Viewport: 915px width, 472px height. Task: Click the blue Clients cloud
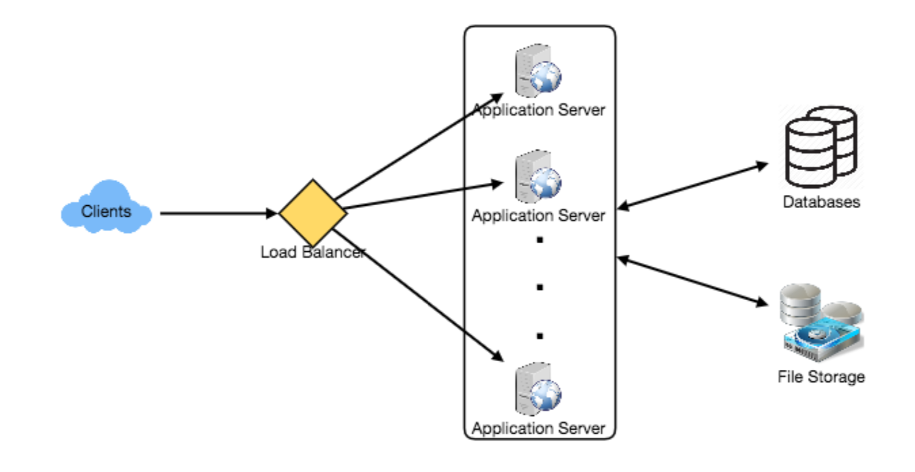coord(106,207)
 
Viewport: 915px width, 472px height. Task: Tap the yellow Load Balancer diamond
coord(313,212)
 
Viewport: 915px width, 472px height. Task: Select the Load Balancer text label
coord(313,252)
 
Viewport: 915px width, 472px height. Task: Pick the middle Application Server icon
coord(538,176)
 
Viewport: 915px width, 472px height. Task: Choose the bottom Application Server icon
coord(538,389)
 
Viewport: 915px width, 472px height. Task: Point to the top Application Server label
coord(538,110)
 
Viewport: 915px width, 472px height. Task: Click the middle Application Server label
coord(538,216)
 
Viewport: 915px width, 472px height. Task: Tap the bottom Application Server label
coord(538,428)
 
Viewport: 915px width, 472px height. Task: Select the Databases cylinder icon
coord(821,147)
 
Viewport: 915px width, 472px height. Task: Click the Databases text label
coord(821,202)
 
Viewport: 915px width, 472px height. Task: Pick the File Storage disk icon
coord(821,323)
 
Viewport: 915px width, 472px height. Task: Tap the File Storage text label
coord(821,377)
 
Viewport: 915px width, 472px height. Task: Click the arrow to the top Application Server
coord(417,147)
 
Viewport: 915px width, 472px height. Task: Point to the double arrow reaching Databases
coord(692,186)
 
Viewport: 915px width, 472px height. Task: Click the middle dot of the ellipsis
coord(540,287)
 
